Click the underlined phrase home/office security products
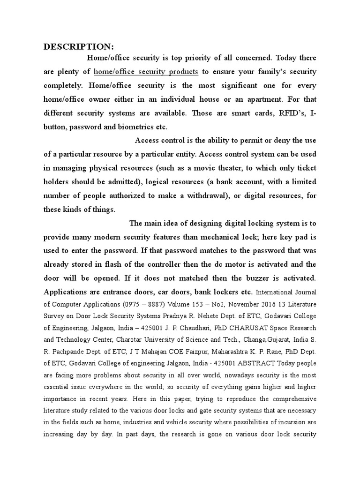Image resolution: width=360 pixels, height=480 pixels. (146, 72)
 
